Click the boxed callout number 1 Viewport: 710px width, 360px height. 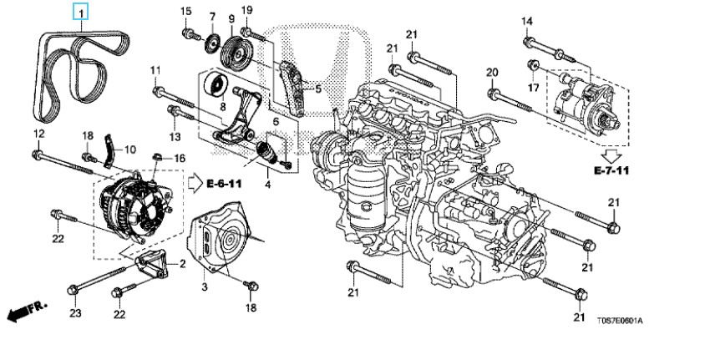[81, 13]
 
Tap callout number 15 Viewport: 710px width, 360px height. [185, 11]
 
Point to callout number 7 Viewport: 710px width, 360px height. [212, 17]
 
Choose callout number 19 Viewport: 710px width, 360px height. [246, 10]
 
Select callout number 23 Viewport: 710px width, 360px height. [75, 314]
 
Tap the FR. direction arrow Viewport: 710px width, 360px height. [25, 312]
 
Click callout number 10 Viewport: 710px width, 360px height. [129, 150]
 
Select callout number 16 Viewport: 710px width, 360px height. [178, 157]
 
